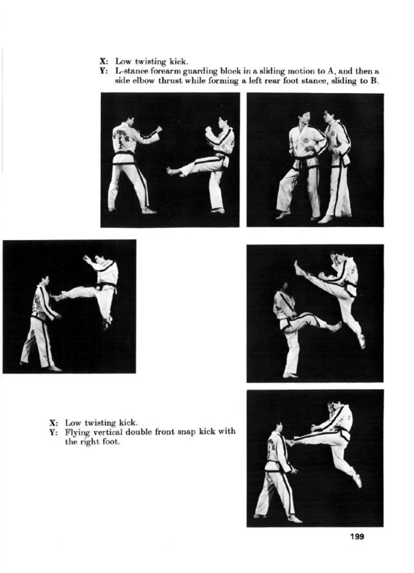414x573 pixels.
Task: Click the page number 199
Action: (357, 536)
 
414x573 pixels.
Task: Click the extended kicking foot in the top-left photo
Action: (171, 171)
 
